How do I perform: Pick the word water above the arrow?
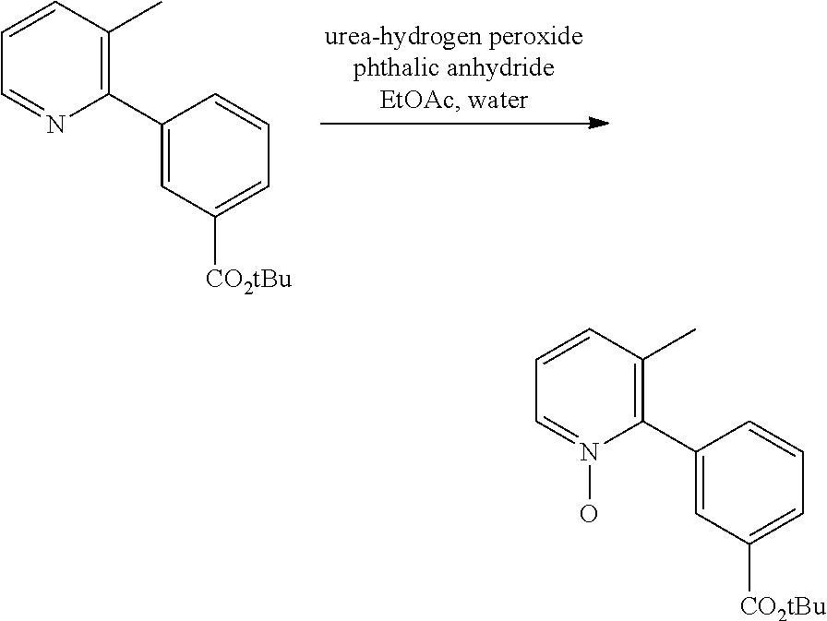pos(498,101)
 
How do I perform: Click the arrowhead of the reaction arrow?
pos(599,124)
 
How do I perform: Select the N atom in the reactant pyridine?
pos(55,125)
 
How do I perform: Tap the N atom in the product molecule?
pos(589,452)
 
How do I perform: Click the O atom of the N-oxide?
pos(589,513)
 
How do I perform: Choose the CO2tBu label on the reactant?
pos(248,280)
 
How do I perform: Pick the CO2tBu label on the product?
pos(783,606)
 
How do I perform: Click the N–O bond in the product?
pos(589,483)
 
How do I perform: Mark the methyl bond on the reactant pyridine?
pos(136,17)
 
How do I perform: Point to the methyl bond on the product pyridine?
pos(669,345)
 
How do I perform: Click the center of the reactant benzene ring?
pos(215,155)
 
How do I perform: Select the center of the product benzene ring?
pos(749,483)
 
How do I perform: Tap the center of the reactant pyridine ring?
pos(55,64)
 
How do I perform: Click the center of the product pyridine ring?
pos(589,390)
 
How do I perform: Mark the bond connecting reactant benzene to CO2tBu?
pos(215,242)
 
